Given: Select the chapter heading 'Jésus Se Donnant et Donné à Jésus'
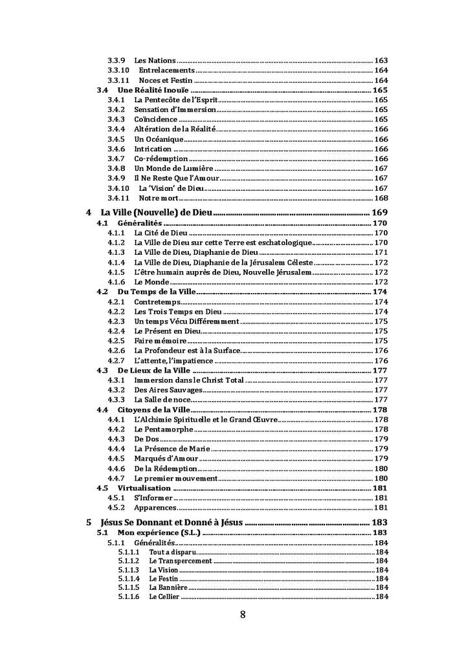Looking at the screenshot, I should pyautogui.click(x=171, y=523).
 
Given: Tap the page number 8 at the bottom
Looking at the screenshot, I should pyautogui.click(x=243, y=615).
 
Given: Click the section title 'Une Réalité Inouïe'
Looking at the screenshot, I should pyautogui.click(x=153, y=90).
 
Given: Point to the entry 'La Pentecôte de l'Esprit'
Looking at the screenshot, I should pyautogui.click(x=175, y=100).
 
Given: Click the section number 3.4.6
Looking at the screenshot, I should pyautogui.click(x=116, y=149).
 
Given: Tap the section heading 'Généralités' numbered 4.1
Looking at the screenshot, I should pyautogui.click(x=140, y=223).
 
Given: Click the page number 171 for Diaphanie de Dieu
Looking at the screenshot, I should pyautogui.click(x=381, y=252).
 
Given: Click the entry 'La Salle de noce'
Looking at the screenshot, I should pyautogui.click(x=162, y=400).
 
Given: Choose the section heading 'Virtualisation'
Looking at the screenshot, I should pyautogui.click(x=144, y=488).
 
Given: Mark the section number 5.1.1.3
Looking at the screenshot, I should pyautogui.click(x=128, y=570).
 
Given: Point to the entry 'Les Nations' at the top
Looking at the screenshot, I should pyautogui.click(x=155, y=61).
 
